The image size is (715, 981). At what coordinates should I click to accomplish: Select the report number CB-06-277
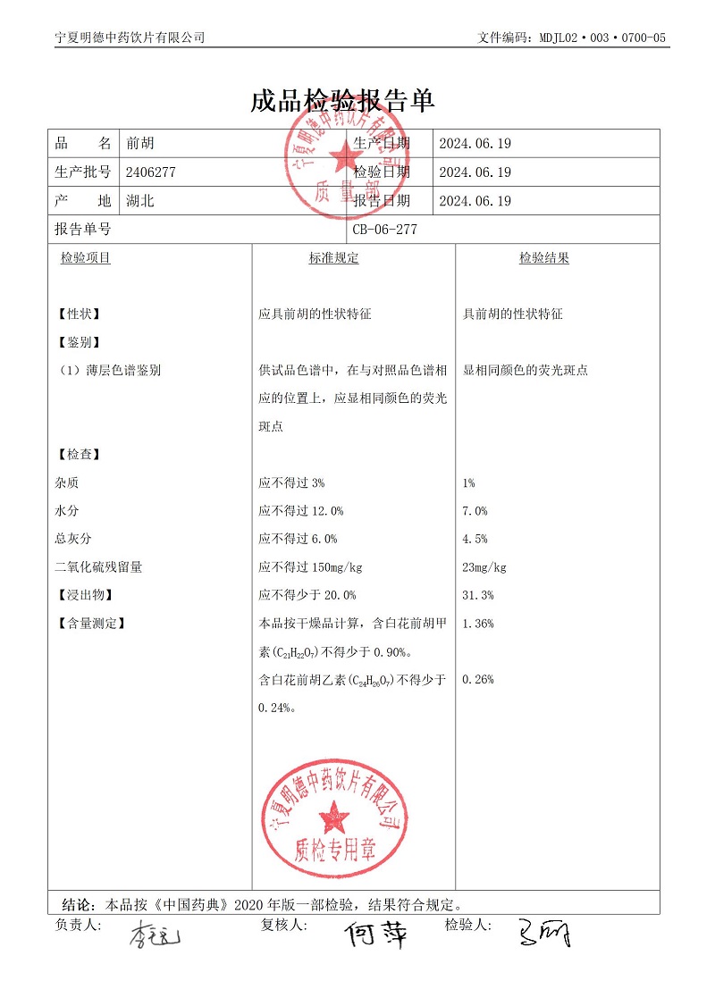coord(385,230)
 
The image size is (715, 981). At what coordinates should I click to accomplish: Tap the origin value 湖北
coord(140,201)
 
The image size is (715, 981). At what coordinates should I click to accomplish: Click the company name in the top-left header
coord(130,38)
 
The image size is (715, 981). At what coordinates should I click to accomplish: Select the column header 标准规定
coord(333,258)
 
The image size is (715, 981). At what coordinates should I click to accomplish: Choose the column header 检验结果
coord(544,258)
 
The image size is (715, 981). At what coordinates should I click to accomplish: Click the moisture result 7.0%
coord(475,511)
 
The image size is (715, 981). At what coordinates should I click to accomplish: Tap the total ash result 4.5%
coord(475,539)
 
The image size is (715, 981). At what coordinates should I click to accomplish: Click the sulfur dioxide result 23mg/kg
coord(484,567)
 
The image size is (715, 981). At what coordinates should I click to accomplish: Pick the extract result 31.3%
coord(478,595)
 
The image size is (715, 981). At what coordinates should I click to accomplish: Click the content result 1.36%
coord(478,624)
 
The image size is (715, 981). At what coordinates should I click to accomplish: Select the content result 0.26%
coord(478,680)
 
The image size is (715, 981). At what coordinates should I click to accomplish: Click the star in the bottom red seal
coord(336,814)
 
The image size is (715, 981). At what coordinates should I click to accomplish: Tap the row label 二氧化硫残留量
coord(98,567)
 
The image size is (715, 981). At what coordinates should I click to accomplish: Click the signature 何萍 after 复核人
coord(377,935)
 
